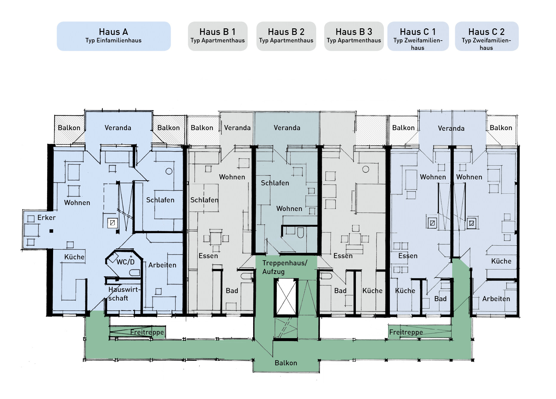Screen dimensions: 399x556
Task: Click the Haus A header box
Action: (114, 36)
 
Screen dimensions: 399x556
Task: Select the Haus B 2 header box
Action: (286, 36)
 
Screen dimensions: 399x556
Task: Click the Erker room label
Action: (46, 218)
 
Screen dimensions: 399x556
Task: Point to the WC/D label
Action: (125, 262)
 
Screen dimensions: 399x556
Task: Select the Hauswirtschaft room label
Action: (123, 294)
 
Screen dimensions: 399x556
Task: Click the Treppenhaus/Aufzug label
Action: (284, 267)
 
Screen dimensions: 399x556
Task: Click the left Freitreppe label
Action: (147, 332)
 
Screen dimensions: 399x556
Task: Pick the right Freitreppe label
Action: (406, 332)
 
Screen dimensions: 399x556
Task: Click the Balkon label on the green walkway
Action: (286, 363)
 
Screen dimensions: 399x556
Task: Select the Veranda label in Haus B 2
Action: (287, 128)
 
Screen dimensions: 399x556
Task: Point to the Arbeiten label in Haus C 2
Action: (496, 299)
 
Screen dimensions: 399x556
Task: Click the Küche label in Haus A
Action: (74, 257)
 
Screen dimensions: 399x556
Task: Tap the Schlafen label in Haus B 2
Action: (275, 183)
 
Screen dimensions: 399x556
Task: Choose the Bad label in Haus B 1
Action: (232, 291)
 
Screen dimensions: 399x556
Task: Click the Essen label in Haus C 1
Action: (408, 256)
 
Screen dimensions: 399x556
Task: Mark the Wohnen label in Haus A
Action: (77, 203)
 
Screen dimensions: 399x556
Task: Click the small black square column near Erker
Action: (51, 231)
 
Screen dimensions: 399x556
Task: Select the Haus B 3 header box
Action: (354, 36)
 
